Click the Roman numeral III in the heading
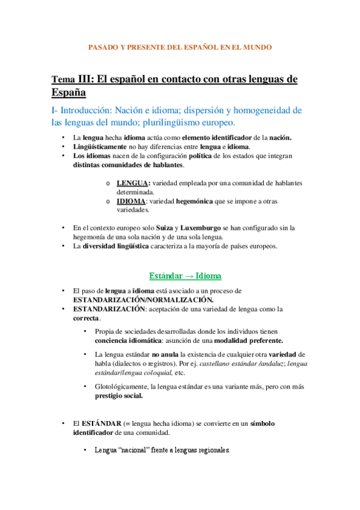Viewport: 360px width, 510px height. [85, 80]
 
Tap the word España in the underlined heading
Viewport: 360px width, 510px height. [69, 93]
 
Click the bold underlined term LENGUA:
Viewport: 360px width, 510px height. [134, 183]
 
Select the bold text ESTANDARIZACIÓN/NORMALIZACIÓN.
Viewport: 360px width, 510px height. [143, 300]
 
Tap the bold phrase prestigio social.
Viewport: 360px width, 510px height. [118, 396]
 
